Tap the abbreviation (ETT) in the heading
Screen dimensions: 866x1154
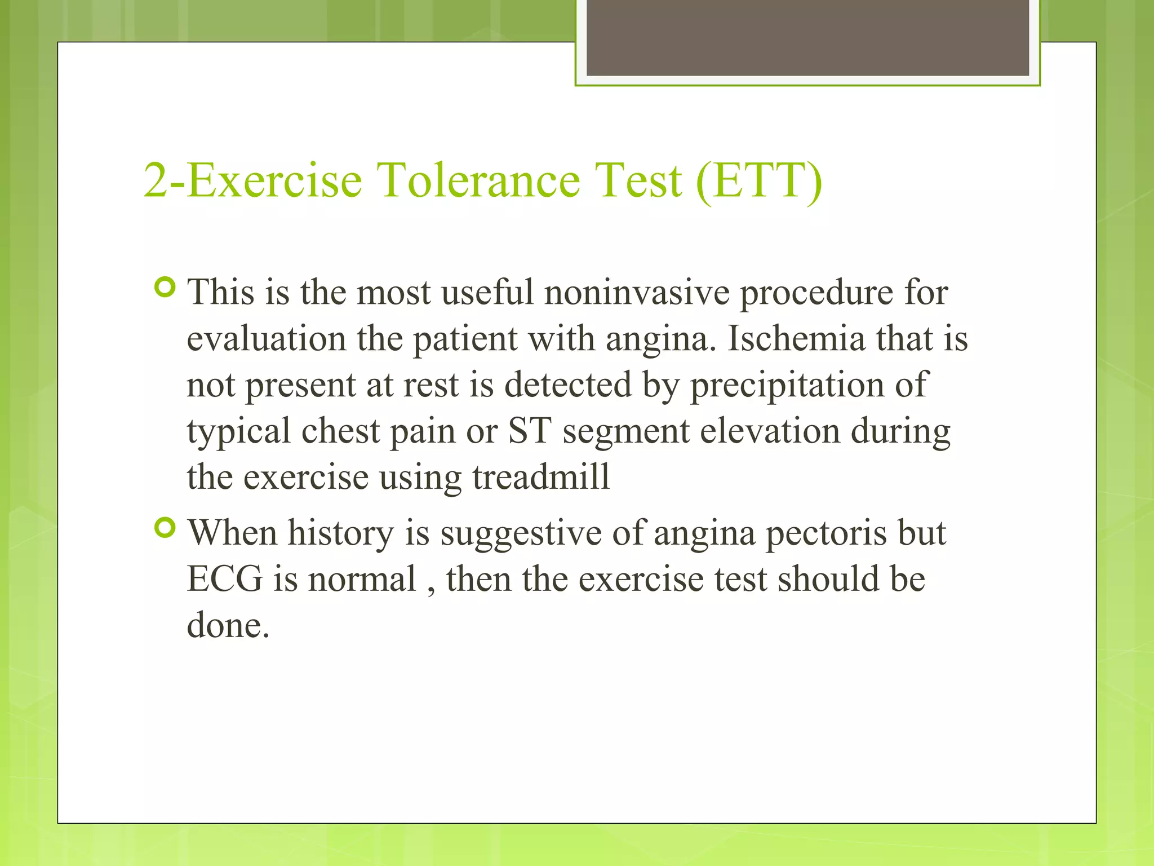coord(758,182)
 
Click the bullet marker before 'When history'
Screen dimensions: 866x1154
coord(165,528)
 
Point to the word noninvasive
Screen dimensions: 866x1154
coord(636,293)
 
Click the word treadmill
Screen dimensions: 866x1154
coord(540,478)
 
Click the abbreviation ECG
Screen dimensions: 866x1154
coord(224,580)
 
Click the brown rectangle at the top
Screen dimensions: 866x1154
coord(807,37)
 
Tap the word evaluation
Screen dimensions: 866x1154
coord(266,339)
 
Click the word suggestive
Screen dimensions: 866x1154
coord(521,534)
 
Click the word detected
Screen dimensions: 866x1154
coord(567,385)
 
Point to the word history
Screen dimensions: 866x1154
coord(340,534)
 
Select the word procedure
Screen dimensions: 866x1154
coord(815,294)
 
